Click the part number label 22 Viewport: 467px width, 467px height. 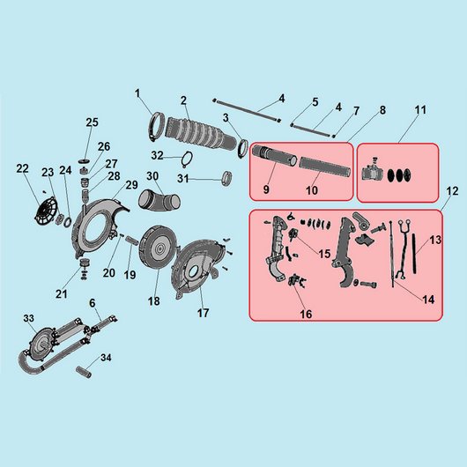[x=22, y=169]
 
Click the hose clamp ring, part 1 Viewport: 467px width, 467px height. [x=156, y=126]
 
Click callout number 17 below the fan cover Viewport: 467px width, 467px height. [x=203, y=313]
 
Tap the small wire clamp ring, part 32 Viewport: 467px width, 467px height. [x=187, y=159]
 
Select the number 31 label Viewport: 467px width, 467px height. [x=183, y=179]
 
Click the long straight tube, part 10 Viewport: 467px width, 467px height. [x=324, y=167]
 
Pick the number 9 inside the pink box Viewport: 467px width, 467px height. [x=266, y=189]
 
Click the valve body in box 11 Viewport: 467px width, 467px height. [x=370, y=172]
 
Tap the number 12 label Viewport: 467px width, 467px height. [x=452, y=191]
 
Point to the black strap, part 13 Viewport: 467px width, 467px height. [x=414, y=254]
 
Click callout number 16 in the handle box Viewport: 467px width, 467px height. [x=306, y=314]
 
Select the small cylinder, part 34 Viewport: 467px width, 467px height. [x=84, y=373]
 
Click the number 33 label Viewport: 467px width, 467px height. [x=29, y=318]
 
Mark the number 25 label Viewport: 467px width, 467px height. [x=92, y=122]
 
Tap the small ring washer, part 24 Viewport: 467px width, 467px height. [x=68, y=222]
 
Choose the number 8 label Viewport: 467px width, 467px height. [x=382, y=110]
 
